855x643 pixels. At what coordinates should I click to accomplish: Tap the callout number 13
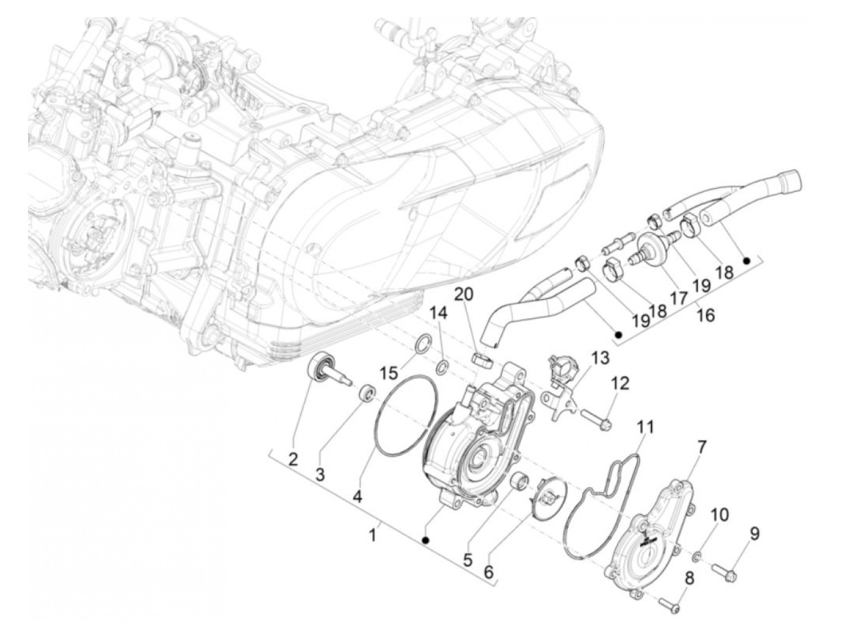599,359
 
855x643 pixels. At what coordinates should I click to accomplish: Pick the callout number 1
373,535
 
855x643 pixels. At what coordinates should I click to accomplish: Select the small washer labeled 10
698,556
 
